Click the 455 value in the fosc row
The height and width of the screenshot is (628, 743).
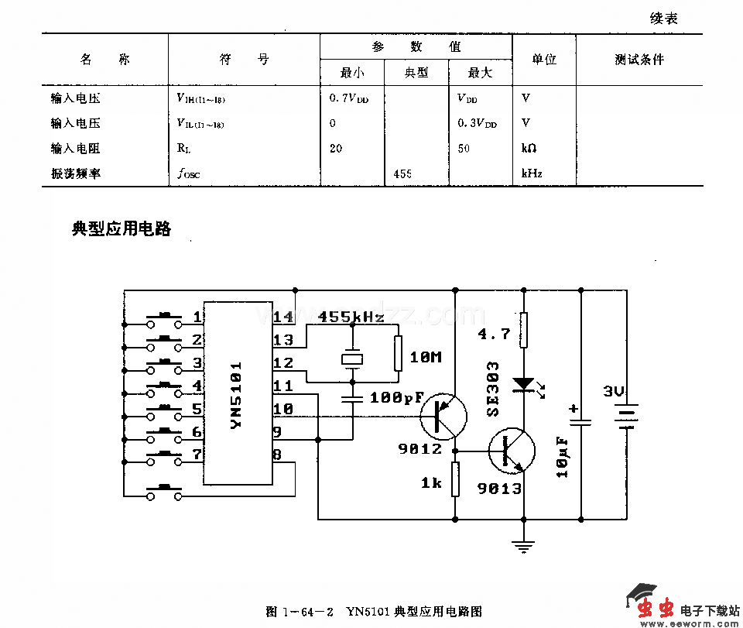[402, 173]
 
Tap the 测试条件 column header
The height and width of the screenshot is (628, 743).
[639, 60]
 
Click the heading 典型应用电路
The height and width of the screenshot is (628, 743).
[122, 229]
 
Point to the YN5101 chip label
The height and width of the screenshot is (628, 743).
[238, 395]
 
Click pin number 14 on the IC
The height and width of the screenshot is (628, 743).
[282, 317]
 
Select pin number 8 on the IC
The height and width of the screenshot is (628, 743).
[276, 455]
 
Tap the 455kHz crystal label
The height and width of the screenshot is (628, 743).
[351, 317]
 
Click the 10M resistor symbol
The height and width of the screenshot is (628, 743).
[399, 354]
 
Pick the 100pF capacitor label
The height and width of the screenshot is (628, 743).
[398, 398]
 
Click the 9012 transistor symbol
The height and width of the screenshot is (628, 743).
[443, 417]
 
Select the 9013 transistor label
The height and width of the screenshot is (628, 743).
[499, 489]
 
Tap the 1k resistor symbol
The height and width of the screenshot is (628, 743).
[455, 479]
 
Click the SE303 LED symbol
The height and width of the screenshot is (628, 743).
[524, 384]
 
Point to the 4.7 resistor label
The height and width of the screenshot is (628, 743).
[494, 334]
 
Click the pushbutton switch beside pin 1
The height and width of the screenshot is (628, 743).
[164, 317]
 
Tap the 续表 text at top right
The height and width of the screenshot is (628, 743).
[664, 19]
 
